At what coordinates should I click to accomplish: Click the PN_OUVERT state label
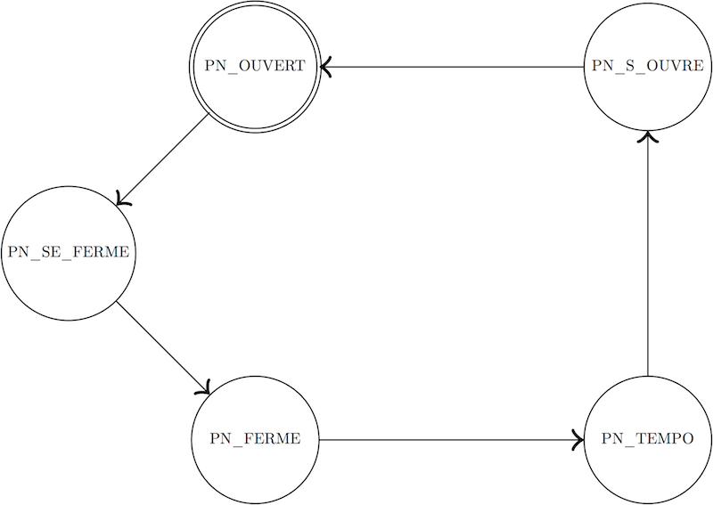coord(255,67)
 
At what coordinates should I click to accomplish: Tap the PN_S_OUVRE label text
coord(648,67)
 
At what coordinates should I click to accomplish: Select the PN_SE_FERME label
coord(69,252)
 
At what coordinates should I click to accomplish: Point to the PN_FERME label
coord(255,439)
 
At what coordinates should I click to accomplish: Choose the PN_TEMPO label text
coord(648,439)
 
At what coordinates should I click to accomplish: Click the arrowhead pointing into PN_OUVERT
coord(325,67)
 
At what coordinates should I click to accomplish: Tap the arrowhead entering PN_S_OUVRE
coord(648,136)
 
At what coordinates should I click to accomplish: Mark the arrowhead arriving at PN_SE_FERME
coord(123,199)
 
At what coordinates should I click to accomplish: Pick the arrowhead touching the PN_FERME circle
coord(204,387)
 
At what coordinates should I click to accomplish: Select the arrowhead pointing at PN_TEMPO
coord(578,440)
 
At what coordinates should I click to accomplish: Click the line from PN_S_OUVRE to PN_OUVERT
coord(452,67)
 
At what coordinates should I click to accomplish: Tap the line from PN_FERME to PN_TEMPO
coord(451,440)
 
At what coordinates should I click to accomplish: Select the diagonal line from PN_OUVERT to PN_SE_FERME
coord(162,159)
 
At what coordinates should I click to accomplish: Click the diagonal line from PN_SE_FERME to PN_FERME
coord(163,347)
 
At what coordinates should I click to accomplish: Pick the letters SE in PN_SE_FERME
coord(51,252)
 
